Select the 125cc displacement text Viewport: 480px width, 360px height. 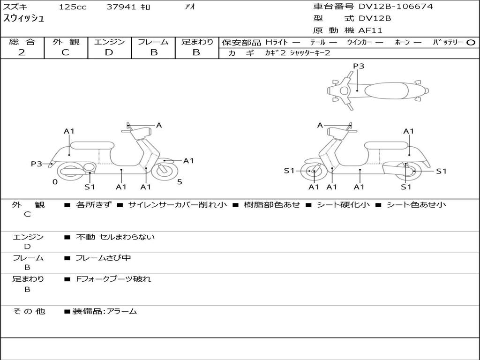click(x=72, y=7)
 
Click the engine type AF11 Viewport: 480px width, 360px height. click(x=370, y=31)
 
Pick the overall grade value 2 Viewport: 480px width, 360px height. click(x=22, y=52)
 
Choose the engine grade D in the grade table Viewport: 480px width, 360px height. click(x=109, y=52)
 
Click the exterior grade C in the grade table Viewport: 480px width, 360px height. click(x=65, y=52)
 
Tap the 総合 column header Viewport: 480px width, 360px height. click(x=22, y=42)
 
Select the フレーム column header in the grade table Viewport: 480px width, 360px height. click(x=153, y=42)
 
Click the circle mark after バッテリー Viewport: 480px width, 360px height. click(x=471, y=42)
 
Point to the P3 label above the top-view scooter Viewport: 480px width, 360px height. click(x=358, y=66)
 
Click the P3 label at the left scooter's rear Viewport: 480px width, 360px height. click(x=37, y=164)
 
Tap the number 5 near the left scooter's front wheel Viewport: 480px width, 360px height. click(x=180, y=182)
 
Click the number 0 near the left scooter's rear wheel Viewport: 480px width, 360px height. click(x=55, y=182)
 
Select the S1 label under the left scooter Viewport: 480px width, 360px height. click(x=90, y=187)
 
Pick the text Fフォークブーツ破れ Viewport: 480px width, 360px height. click(x=113, y=279)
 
